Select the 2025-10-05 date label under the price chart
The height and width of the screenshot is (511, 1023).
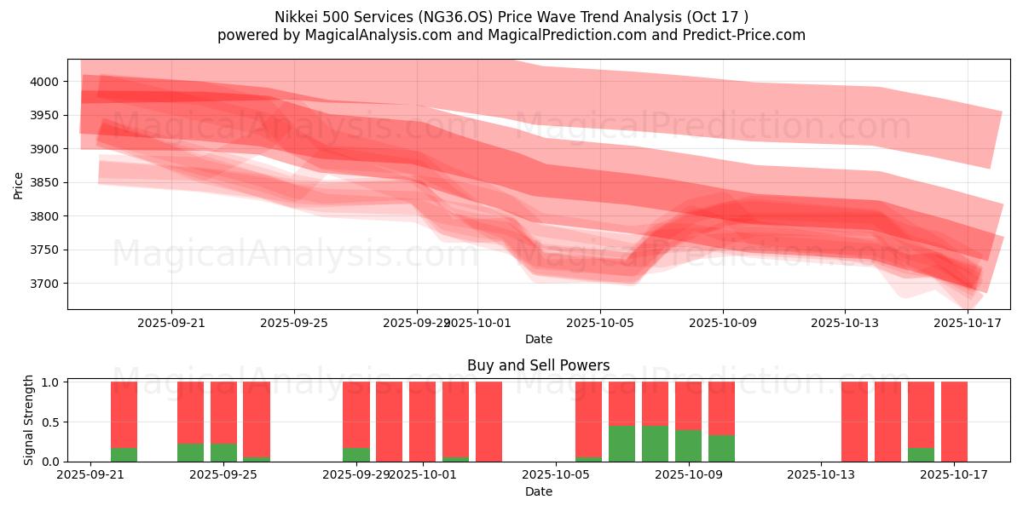click(x=600, y=324)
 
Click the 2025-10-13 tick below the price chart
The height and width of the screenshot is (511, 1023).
click(x=845, y=324)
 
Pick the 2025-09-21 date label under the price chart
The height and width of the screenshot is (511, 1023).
click(x=171, y=324)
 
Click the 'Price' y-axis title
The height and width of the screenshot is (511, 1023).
click(x=18, y=184)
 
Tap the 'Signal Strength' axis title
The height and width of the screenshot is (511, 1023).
click(x=29, y=421)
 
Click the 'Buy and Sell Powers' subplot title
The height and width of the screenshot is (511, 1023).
click(x=538, y=365)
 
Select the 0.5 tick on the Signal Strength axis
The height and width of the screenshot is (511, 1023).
click(x=49, y=422)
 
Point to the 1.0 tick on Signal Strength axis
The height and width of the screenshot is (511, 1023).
click(x=49, y=382)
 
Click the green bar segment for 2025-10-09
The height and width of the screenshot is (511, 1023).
click(x=721, y=448)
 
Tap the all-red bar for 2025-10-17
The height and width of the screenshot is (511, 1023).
click(x=954, y=422)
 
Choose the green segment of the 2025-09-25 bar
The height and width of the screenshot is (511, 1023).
click(x=223, y=452)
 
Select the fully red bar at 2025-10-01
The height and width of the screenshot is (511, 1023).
click(x=422, y=422)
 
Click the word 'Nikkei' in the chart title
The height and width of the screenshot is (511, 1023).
click(x=296, y=17)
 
